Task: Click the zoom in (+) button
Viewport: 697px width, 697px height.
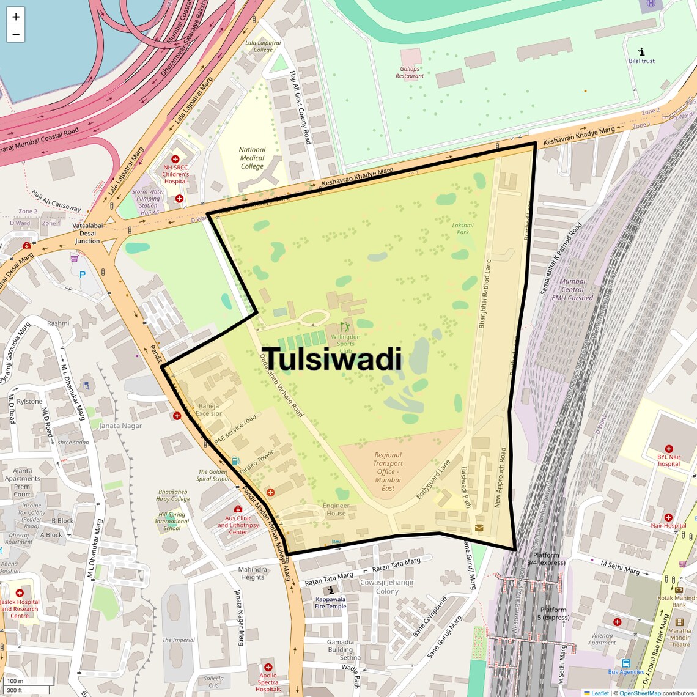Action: click(16, 17)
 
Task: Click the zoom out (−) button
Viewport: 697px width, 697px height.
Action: click(16, 34)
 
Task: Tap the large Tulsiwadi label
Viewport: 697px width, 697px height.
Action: click(334, 360)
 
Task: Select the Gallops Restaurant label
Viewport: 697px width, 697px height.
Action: click(410, 73)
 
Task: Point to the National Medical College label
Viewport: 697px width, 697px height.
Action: click(252, 158)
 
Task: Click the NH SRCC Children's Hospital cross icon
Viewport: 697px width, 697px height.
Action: click(175, 159)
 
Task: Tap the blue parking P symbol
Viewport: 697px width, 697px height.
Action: click(83, 275)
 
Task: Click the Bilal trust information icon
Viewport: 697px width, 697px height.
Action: click(641, 52)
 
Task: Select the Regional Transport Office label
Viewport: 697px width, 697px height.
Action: click(388, 471)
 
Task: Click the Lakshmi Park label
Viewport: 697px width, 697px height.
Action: click(463, 229)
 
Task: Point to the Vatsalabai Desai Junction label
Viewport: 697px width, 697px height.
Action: click(87, 233)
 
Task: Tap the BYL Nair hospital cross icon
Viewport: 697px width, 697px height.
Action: click(669, 449)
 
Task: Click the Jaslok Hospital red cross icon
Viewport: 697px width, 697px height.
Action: click(20, 593)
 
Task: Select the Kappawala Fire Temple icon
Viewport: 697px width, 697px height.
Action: click(331, 590)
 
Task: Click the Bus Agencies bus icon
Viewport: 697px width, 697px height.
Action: click(625, 663)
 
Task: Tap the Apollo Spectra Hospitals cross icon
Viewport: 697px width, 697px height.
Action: click(268, 667)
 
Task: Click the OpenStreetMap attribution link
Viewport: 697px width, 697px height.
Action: click(640, 693)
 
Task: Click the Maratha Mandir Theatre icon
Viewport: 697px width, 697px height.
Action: click(679, 622)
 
